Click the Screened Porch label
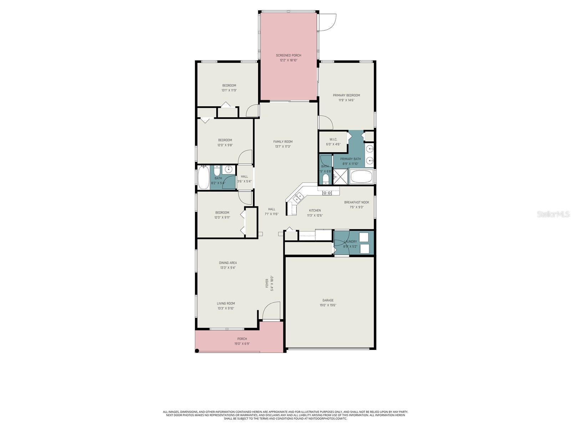pyautogui.click(x=288, y=55)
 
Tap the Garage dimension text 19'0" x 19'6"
pyautogui.click(x=328, y=305)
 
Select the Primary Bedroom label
pyautogui.click(x=346, y=95)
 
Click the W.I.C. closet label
pyautogui.click(x=333, y=139)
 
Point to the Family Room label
pyautogui.click(x=283, y=142)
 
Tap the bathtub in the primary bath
pyautogui.click(x=361, y=177)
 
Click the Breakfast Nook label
pyautogui.click(x=356, y=202)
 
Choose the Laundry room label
pyautogui.click(x=350, y=241)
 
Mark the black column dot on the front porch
pyautogui.click(x=197, y=351)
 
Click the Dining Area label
pyautogui.click(x=228, y=263)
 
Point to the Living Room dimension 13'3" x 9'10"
pyautogui.click(x=226, y=309)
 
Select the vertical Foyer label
pyautogui.click(x=267, y=288)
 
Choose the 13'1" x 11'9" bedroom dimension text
pyautogui.click(x=229, y=91)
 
